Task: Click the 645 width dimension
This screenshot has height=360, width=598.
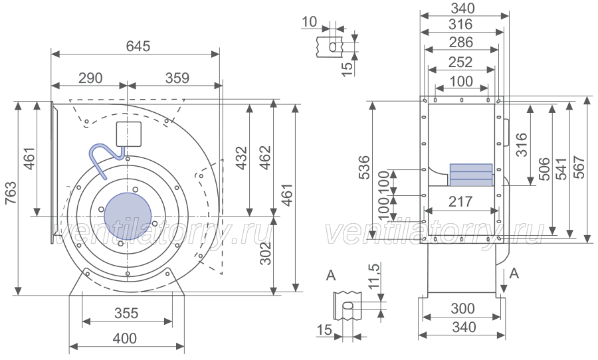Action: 138,46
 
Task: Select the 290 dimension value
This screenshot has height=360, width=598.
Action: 90,78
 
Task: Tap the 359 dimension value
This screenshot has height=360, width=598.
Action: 177,78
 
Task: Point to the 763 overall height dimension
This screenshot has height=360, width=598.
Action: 11,193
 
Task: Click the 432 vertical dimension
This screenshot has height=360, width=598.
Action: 241,158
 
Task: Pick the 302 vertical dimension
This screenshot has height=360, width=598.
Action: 265,253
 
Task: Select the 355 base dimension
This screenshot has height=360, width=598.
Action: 126,314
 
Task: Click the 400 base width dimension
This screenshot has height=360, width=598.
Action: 125,338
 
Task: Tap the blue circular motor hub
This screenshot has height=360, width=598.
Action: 128,217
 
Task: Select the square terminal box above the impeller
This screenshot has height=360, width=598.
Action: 128,134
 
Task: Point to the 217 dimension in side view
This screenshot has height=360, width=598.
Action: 460,201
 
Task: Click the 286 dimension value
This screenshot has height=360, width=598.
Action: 461,43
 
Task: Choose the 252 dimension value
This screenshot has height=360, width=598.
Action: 460,62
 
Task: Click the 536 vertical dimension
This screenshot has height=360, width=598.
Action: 364,167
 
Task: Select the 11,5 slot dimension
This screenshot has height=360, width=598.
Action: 375,276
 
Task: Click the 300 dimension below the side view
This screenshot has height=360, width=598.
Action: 462,308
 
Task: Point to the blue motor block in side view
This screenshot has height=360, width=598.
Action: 471,175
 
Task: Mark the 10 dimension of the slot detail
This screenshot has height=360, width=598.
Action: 309,22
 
